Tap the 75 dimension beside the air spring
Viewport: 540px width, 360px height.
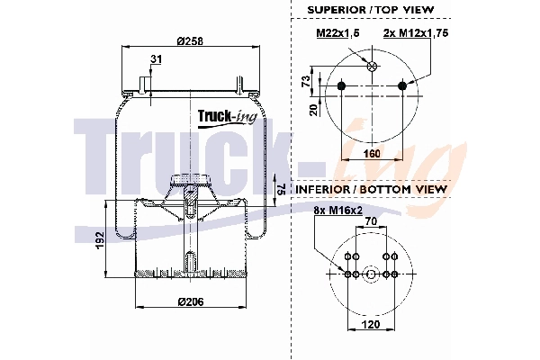pos(281,189)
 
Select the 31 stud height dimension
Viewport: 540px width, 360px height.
pos(157,59)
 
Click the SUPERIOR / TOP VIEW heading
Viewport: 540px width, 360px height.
pos(371,9)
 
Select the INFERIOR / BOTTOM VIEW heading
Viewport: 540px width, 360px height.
pos(371,190)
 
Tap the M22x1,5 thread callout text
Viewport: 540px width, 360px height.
pos(335,33)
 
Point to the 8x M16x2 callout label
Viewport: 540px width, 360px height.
pos(332,211)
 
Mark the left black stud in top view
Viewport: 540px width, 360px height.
pos(342,85)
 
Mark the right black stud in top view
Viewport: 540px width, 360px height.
pos(402,85)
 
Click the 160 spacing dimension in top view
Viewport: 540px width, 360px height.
pos(371,154)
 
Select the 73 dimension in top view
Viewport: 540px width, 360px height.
pos(306,81)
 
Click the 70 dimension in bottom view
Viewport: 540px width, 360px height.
pos(371,220)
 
